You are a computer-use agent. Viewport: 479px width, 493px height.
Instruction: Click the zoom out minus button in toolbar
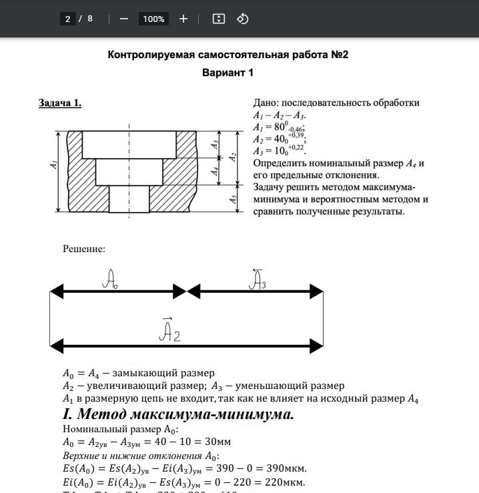[x=123, y=19]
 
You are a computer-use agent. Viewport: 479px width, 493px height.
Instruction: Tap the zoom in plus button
[x=183, y=19]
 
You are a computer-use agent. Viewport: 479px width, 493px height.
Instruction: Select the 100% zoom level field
[x=153, y=19]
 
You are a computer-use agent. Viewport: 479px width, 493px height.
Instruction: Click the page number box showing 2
[x=67, y=19]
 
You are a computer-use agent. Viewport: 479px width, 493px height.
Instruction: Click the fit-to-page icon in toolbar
[x=218, y=19]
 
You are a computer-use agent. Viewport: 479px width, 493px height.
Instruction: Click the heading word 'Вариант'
[x=222, y=73]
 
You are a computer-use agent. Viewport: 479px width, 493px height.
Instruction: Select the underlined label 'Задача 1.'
[x=60, y=103]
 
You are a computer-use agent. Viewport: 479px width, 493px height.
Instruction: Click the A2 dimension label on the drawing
[x=233, y=157]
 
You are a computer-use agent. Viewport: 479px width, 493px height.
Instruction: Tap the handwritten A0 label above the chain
[x=110, y=280]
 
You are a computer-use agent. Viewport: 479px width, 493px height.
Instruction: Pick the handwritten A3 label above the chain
[x=257, y=280]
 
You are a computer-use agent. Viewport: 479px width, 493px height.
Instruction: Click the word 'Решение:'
[x=84, y=249]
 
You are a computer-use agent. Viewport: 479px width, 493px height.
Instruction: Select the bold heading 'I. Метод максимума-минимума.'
[x=178, y=414]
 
